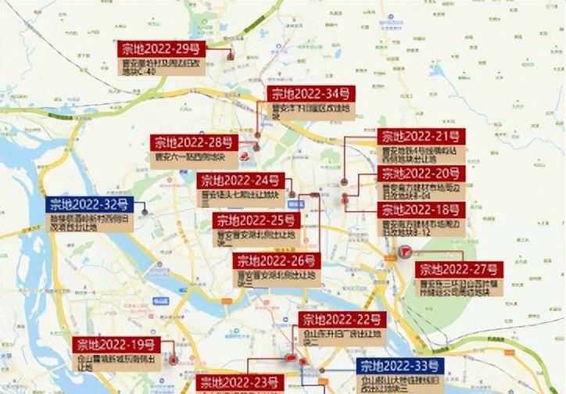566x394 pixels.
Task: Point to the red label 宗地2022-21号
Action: (421, 138)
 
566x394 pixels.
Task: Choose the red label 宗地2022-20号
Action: (421, 174)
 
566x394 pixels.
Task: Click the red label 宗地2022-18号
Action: (421, 210)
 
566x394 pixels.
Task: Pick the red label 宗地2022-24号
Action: (241, 181)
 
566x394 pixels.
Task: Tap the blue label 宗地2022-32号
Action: (89, 205)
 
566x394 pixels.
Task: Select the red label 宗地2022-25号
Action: (256, 220)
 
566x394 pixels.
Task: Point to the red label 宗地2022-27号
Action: (459, 270)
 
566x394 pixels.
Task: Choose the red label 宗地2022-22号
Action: (342, 320)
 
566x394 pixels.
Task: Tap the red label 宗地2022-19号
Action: (116, 345)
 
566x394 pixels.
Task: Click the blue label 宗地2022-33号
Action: (400, 366)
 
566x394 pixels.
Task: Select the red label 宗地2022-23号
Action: (240, 382)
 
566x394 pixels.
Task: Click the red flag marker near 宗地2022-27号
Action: (405, 252)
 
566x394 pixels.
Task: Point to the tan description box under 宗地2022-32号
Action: (90, 223)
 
